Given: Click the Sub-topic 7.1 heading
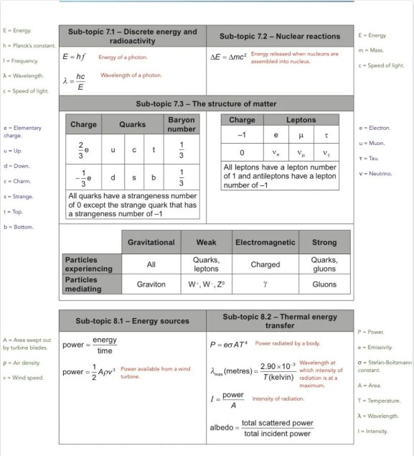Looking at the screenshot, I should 132,37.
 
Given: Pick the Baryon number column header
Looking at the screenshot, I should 181,124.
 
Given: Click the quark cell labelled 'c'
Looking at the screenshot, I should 133,149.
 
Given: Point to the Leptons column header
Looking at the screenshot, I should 306,121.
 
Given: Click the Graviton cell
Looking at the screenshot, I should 151,284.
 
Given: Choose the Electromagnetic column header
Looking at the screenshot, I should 265,243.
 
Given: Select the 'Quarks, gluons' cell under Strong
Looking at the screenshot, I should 324,264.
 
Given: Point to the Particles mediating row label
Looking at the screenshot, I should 90,284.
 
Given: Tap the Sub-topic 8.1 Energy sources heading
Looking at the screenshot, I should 132,320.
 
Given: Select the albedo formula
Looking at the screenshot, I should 265,427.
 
